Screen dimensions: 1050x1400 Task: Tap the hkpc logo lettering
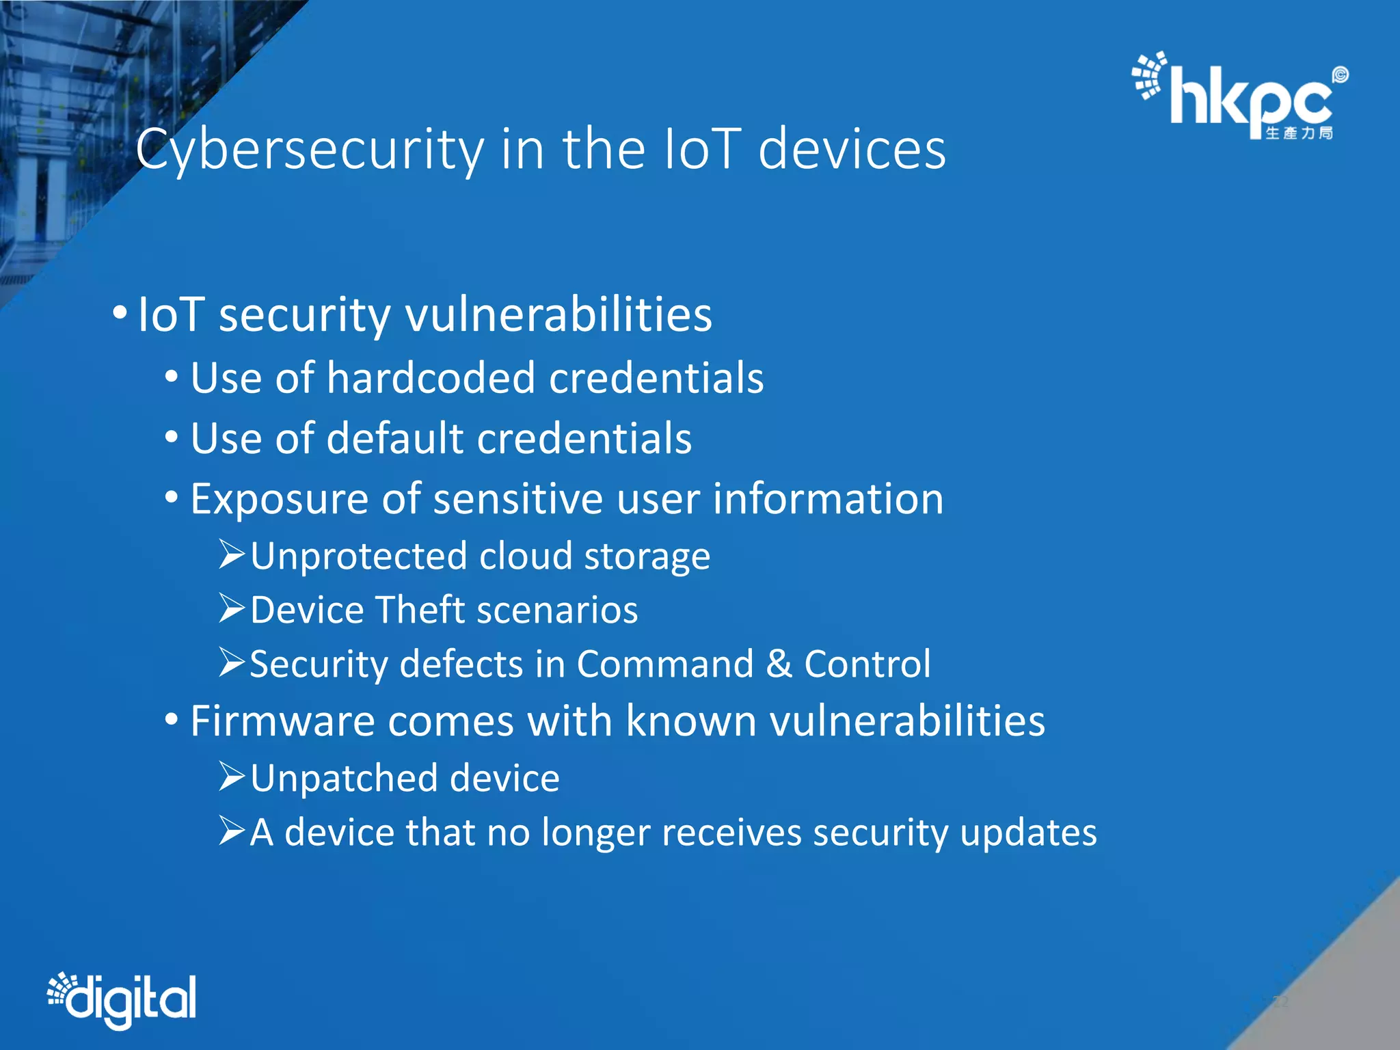[x=1251, y=99]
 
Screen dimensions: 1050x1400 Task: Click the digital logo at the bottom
[x=123, y=999]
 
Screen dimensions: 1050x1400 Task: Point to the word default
[x=395, y=438]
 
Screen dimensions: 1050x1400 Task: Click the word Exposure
[x=279, y=499]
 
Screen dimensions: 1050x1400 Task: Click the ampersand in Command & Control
[x=778, y=664]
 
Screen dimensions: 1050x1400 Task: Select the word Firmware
[x=283, y=721]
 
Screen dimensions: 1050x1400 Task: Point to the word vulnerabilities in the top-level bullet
[x=558, y=315]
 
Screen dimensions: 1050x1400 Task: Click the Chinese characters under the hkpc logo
[x=1299, y=133]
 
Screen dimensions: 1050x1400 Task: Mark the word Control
[x=867, y=664]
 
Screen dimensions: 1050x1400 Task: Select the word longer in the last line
[x=595, y=833]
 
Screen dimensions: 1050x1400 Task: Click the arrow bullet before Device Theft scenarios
[x=232, y=608]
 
